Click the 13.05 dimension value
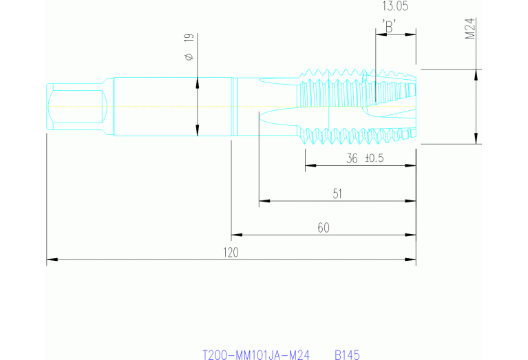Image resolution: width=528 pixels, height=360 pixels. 394,7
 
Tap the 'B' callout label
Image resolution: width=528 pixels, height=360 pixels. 390,27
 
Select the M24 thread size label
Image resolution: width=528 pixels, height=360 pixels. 471,29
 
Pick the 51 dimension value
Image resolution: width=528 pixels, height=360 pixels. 337,194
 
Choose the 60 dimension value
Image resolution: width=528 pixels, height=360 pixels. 322,228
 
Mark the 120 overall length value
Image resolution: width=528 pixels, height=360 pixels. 230,253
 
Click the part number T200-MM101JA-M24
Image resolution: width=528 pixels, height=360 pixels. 255,355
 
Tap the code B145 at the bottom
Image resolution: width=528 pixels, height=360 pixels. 348,355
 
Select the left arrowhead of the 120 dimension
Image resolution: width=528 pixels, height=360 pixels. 51,260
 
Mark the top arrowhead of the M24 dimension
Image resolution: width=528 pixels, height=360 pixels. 476,73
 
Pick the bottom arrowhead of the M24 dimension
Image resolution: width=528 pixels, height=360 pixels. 476,140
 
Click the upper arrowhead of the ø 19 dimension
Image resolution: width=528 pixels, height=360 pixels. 198,83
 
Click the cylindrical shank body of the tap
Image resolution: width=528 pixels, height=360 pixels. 158,107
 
